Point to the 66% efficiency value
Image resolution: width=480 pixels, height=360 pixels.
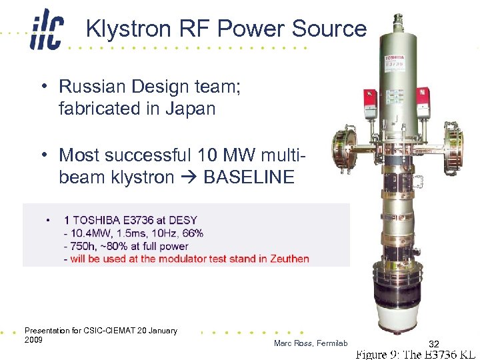[193, 233]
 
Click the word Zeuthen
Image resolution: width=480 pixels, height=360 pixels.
[289, 259]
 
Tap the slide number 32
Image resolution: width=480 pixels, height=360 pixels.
[433, 343]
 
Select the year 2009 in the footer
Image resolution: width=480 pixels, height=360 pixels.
[33, 339]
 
